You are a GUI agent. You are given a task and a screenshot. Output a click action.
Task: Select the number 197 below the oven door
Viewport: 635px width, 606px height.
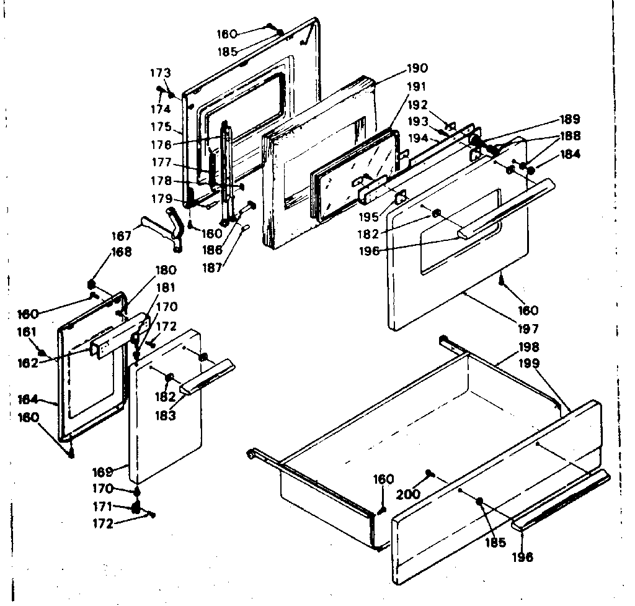point(529,328)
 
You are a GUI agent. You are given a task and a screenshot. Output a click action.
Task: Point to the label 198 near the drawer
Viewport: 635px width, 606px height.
point(529,346)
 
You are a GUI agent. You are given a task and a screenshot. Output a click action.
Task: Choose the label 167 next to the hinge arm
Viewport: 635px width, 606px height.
point(122,236)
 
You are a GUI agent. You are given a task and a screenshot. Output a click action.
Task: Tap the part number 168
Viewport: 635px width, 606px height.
point(122,252)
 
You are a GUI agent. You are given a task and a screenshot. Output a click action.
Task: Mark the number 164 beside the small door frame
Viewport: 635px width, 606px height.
point(28,399)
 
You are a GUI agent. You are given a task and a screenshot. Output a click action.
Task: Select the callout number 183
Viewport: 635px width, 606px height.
point(164,415)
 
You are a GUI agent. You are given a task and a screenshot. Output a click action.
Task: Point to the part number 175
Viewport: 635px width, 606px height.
point(161,126)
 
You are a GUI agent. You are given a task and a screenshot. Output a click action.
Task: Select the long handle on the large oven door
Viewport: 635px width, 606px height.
point(505,208)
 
